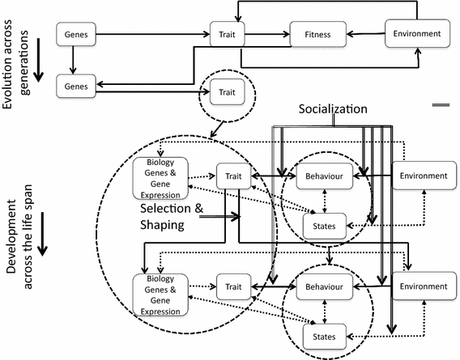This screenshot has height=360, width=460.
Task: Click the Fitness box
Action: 317,34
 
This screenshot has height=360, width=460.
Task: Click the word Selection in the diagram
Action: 165,208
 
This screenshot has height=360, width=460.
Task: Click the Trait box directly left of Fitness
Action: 227,34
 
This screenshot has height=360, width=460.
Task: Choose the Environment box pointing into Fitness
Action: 416,34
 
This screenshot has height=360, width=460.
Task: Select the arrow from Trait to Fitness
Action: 266,34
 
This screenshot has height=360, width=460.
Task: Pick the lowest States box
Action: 324,332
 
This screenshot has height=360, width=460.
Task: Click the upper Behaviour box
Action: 323,176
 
